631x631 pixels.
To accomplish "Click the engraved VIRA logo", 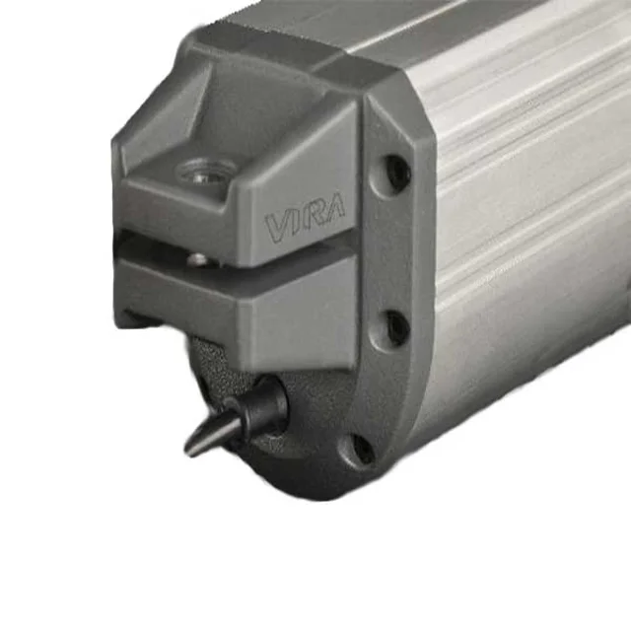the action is [305, 220].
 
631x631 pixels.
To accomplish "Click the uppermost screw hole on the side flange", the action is [396, 171].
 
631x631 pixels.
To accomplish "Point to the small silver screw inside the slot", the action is [197, 260].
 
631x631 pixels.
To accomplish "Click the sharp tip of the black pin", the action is [187, 454].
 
